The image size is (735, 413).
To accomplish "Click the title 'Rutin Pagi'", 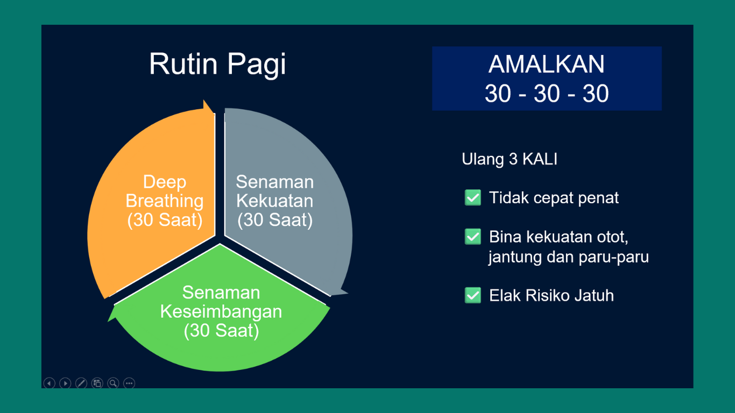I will pyautogui.click(x=217, y=65).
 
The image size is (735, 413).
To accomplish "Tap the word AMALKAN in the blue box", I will pyautogui.click(x=546, y=65).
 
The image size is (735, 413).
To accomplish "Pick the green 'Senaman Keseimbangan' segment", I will pyautogui.click(x=221, y=350).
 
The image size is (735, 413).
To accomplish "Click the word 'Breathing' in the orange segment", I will pyautogui.click(x=165, y=201).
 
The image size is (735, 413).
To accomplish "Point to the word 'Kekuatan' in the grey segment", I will pyautogui.click(x=274, y=201).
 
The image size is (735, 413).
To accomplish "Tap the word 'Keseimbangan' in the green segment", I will pyautogui.click(x=221, y=312).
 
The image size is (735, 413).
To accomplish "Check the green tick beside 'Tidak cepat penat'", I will pyautogui.click(x=472, y=198).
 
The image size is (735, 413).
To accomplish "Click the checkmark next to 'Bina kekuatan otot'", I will pyautogui.click(x=472, y=237).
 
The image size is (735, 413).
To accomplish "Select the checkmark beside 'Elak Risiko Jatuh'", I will pyautogui.click(x=472, y=295).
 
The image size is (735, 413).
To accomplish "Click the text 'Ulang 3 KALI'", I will pyautogui.click(x=509, y=160).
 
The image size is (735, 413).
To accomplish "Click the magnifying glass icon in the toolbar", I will pyautogui.click(x=113, y=383).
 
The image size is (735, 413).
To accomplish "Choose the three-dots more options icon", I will pyautogui.click(x=129, y=383).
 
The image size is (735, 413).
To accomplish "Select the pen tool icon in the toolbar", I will pyautogui.click(x=81, y=383).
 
